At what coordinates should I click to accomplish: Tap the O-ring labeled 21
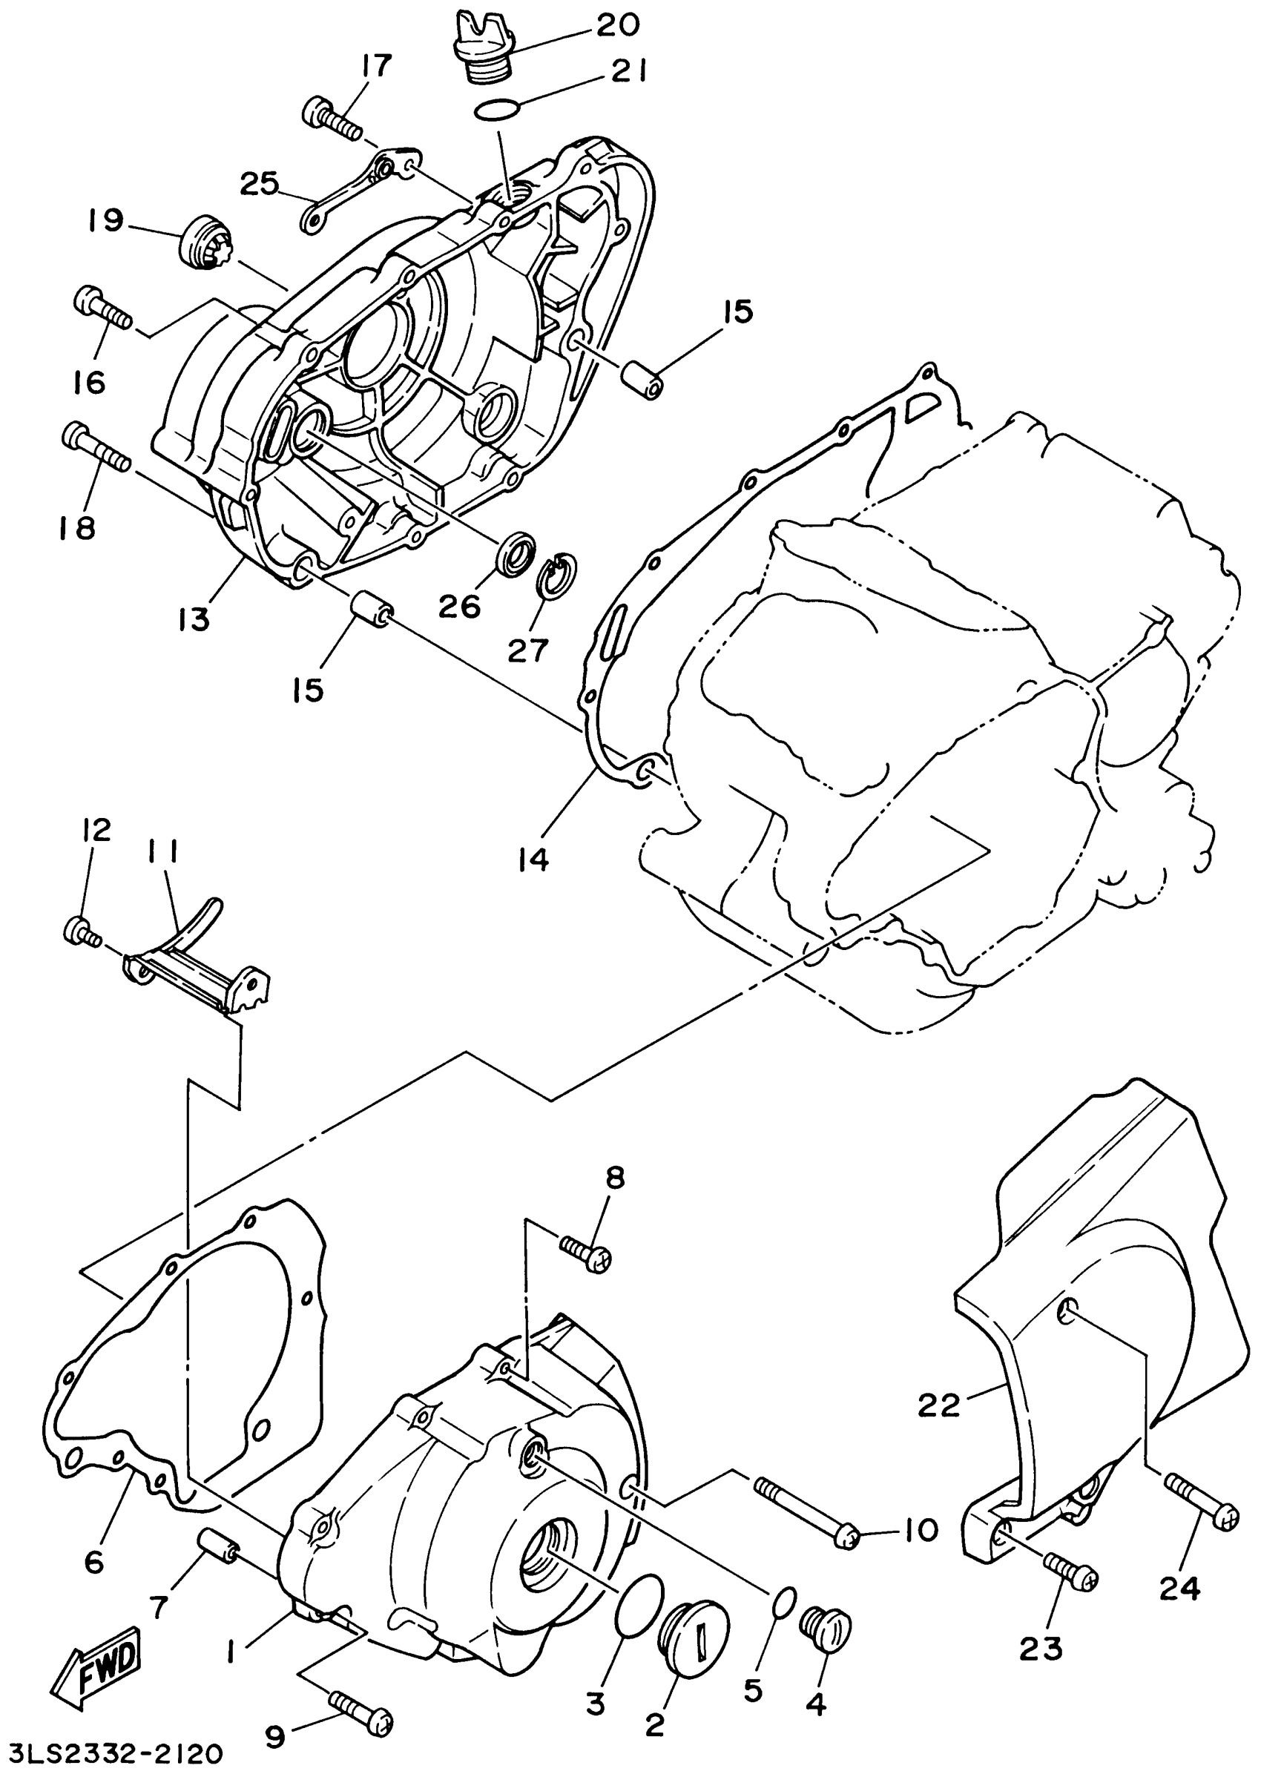[497, 111]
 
